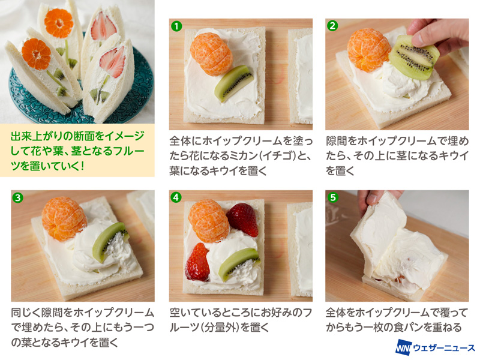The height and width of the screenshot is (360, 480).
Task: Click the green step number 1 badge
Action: [x=176, y=26]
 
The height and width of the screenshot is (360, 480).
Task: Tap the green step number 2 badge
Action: [x=332, y=26]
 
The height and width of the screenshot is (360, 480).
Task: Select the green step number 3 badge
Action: [x=18, y=198]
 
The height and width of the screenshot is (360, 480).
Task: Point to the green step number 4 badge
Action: [x=176, y=197]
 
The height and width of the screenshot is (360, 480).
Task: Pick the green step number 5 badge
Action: [x=333, y=197]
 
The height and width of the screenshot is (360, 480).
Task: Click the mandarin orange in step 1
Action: [x=211, y=54]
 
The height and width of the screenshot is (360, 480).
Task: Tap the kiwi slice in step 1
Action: [x=233, y=83]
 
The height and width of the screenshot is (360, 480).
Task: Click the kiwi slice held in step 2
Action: [x=414, y=58]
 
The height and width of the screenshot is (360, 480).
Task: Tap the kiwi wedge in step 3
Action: [x=110, y=242]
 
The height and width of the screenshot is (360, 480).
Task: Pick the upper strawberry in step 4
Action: [x=243, y=219]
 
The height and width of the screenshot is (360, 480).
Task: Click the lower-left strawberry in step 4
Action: [x=198, y=262]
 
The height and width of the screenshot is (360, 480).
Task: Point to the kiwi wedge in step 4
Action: [x=239, y=263]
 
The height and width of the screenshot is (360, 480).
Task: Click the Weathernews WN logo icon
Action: [x=403, y=347]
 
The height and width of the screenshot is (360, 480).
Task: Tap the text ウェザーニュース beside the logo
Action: [x=444, y=348]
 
